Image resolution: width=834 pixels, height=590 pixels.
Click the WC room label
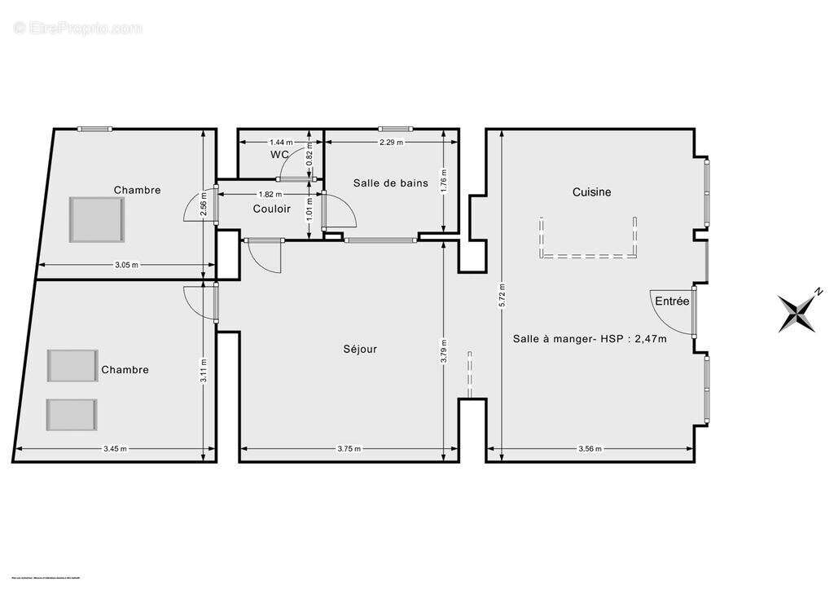(x=279, y=154)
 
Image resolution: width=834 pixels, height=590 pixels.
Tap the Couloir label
(x=271, y=209)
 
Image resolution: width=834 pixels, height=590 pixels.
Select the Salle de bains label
(x=390, y=183)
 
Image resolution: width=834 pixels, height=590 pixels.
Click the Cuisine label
(x=591, y=192)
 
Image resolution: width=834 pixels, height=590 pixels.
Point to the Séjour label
(x=359, y=349)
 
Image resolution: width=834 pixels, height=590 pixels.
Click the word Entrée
(x=672, y=302)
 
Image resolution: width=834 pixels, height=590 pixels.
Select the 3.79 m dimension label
(x=442, y=349)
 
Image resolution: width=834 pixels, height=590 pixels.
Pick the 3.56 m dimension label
(x=590, y=448)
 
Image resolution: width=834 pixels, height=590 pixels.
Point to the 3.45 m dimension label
(x=116, y=448)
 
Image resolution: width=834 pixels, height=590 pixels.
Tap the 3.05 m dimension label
(x=126, y=265)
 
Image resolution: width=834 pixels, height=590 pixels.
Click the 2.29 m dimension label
(x=392, y=142)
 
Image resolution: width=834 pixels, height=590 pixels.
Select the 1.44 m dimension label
(x=281, y=142)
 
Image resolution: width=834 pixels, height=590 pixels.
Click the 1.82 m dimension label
(x=270, y=194)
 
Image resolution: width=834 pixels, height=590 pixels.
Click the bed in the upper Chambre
(x=97, y=219)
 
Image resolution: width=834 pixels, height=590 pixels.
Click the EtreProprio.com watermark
(x=78, y=29)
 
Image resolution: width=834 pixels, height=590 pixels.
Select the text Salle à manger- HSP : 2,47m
(x=590, y=339)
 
